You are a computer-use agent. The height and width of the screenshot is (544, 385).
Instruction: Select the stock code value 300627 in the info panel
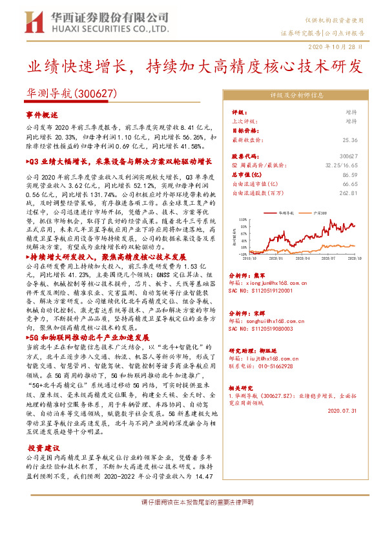click(x=348, y=156)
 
